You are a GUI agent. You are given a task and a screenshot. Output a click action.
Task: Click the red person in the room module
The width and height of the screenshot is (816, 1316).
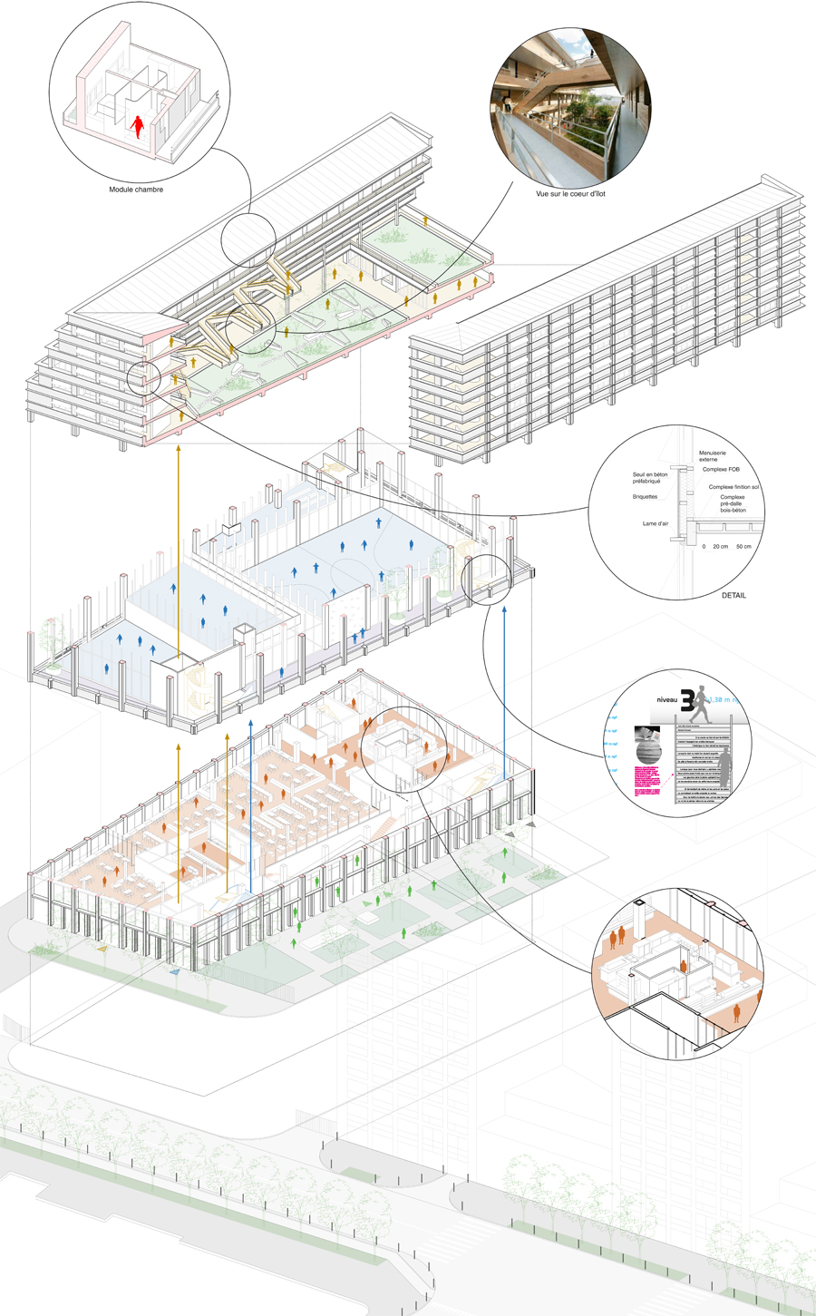[x=138, y=126]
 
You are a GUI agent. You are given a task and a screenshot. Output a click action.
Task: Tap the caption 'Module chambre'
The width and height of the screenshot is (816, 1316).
[x=136, y=190]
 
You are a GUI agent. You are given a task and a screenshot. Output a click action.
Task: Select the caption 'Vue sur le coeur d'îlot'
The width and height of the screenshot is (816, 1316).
[x=570, y=194]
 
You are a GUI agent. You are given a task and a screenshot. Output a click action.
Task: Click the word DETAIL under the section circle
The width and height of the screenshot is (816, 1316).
[x=734, y=596]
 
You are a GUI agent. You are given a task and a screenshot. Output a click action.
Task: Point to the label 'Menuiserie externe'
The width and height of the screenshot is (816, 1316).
[x=712, y=456]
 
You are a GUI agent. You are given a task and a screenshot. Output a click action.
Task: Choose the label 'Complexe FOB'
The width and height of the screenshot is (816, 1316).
[x=721, y=470]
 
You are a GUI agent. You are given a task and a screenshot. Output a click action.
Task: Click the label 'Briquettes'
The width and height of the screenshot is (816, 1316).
[x=645, y=497]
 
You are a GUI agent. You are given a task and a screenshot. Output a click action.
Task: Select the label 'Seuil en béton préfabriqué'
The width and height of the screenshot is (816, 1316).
[x=651, y=478]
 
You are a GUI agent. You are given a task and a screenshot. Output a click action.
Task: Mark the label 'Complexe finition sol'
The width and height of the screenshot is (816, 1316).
[x=734, y=487]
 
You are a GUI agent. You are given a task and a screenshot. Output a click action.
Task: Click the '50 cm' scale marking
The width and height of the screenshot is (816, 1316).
[x=743, y=547]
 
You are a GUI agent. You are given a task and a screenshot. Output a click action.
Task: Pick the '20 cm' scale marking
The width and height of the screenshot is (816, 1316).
[x=720, y=547]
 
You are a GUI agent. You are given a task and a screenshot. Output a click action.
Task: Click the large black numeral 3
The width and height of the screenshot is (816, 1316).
[x=688, y=699]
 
